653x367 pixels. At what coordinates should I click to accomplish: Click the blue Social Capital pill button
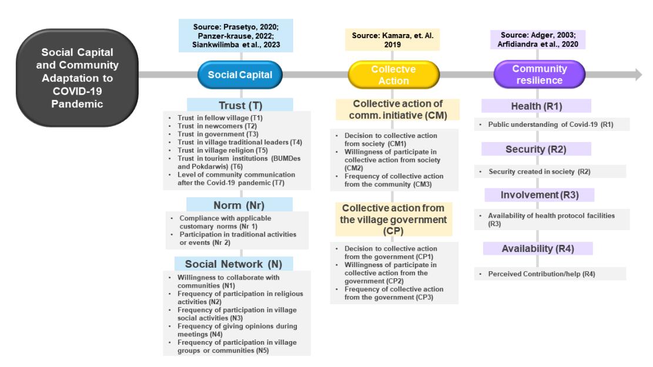[240, 75]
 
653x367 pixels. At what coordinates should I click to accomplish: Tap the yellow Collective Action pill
[394, 75]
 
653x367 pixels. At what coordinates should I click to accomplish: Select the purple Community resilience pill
[540, 75]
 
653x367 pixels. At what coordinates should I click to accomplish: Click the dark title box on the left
[78, 78]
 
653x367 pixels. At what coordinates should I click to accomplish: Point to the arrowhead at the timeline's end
[638, 75]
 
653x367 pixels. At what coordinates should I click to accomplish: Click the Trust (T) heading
[240, 105]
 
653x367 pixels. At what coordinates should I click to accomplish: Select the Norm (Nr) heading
[239, 205]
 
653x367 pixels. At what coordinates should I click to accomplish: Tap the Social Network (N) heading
[233, 264]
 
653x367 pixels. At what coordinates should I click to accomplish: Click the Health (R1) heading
[537, 106]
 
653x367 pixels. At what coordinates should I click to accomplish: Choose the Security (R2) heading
[536, 149]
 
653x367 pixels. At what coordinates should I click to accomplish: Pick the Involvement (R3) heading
[540, 195]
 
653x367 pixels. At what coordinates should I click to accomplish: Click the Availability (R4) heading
[538, 248]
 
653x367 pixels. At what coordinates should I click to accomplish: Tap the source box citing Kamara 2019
[392, 40]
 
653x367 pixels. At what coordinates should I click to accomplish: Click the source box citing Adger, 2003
[538, 39]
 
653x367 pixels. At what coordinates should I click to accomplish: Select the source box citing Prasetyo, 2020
[236, 35]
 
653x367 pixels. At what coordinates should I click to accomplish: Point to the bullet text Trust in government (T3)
[218, 134]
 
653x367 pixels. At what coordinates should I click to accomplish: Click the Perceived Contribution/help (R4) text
[541, 274]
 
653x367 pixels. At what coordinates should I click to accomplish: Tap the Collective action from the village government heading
[394, 219]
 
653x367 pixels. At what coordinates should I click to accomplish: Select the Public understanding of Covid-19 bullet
[551, 124]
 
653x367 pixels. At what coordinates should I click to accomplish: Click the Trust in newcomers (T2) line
[217, 126]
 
